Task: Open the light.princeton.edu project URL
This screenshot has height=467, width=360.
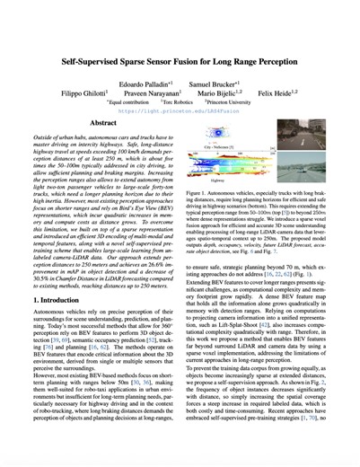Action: pos(180,112)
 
